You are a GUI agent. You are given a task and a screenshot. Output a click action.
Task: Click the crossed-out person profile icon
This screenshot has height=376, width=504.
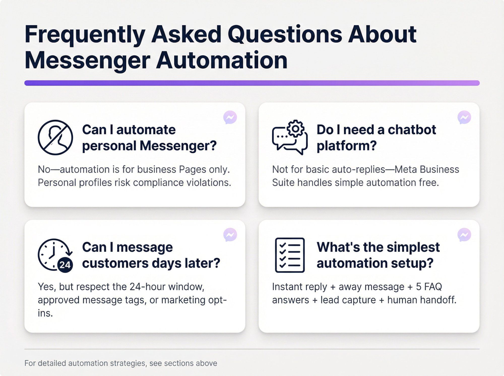tap(55, 137)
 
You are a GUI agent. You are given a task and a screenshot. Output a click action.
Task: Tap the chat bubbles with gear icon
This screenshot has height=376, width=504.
tap(290, 137)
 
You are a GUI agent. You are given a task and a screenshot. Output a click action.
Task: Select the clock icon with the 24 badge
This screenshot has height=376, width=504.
tap(55, 255)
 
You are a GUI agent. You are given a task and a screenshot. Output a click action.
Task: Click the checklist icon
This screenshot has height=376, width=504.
tap(290, 255)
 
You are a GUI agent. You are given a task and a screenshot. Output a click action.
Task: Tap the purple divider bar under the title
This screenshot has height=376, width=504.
tap(252, 83)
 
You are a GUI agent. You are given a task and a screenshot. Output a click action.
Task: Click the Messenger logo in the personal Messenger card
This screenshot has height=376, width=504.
tap(230, 117)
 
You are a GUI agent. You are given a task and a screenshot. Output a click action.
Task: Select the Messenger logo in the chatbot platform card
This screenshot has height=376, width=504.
tap(464, 117)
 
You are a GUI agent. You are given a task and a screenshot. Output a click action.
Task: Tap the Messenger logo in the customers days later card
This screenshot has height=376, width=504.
tap(230, 235)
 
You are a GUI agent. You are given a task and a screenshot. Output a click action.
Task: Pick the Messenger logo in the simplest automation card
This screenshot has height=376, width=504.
tap(464, 235)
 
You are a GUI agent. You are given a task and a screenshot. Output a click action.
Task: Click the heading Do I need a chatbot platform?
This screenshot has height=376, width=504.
tap(376, 138)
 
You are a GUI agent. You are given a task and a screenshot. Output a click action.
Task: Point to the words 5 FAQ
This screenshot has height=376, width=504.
tap(429, 287)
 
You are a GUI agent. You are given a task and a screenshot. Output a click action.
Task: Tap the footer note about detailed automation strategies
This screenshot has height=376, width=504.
tap(121, 363)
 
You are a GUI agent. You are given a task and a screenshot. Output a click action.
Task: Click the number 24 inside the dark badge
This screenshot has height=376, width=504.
tap(65, 265)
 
